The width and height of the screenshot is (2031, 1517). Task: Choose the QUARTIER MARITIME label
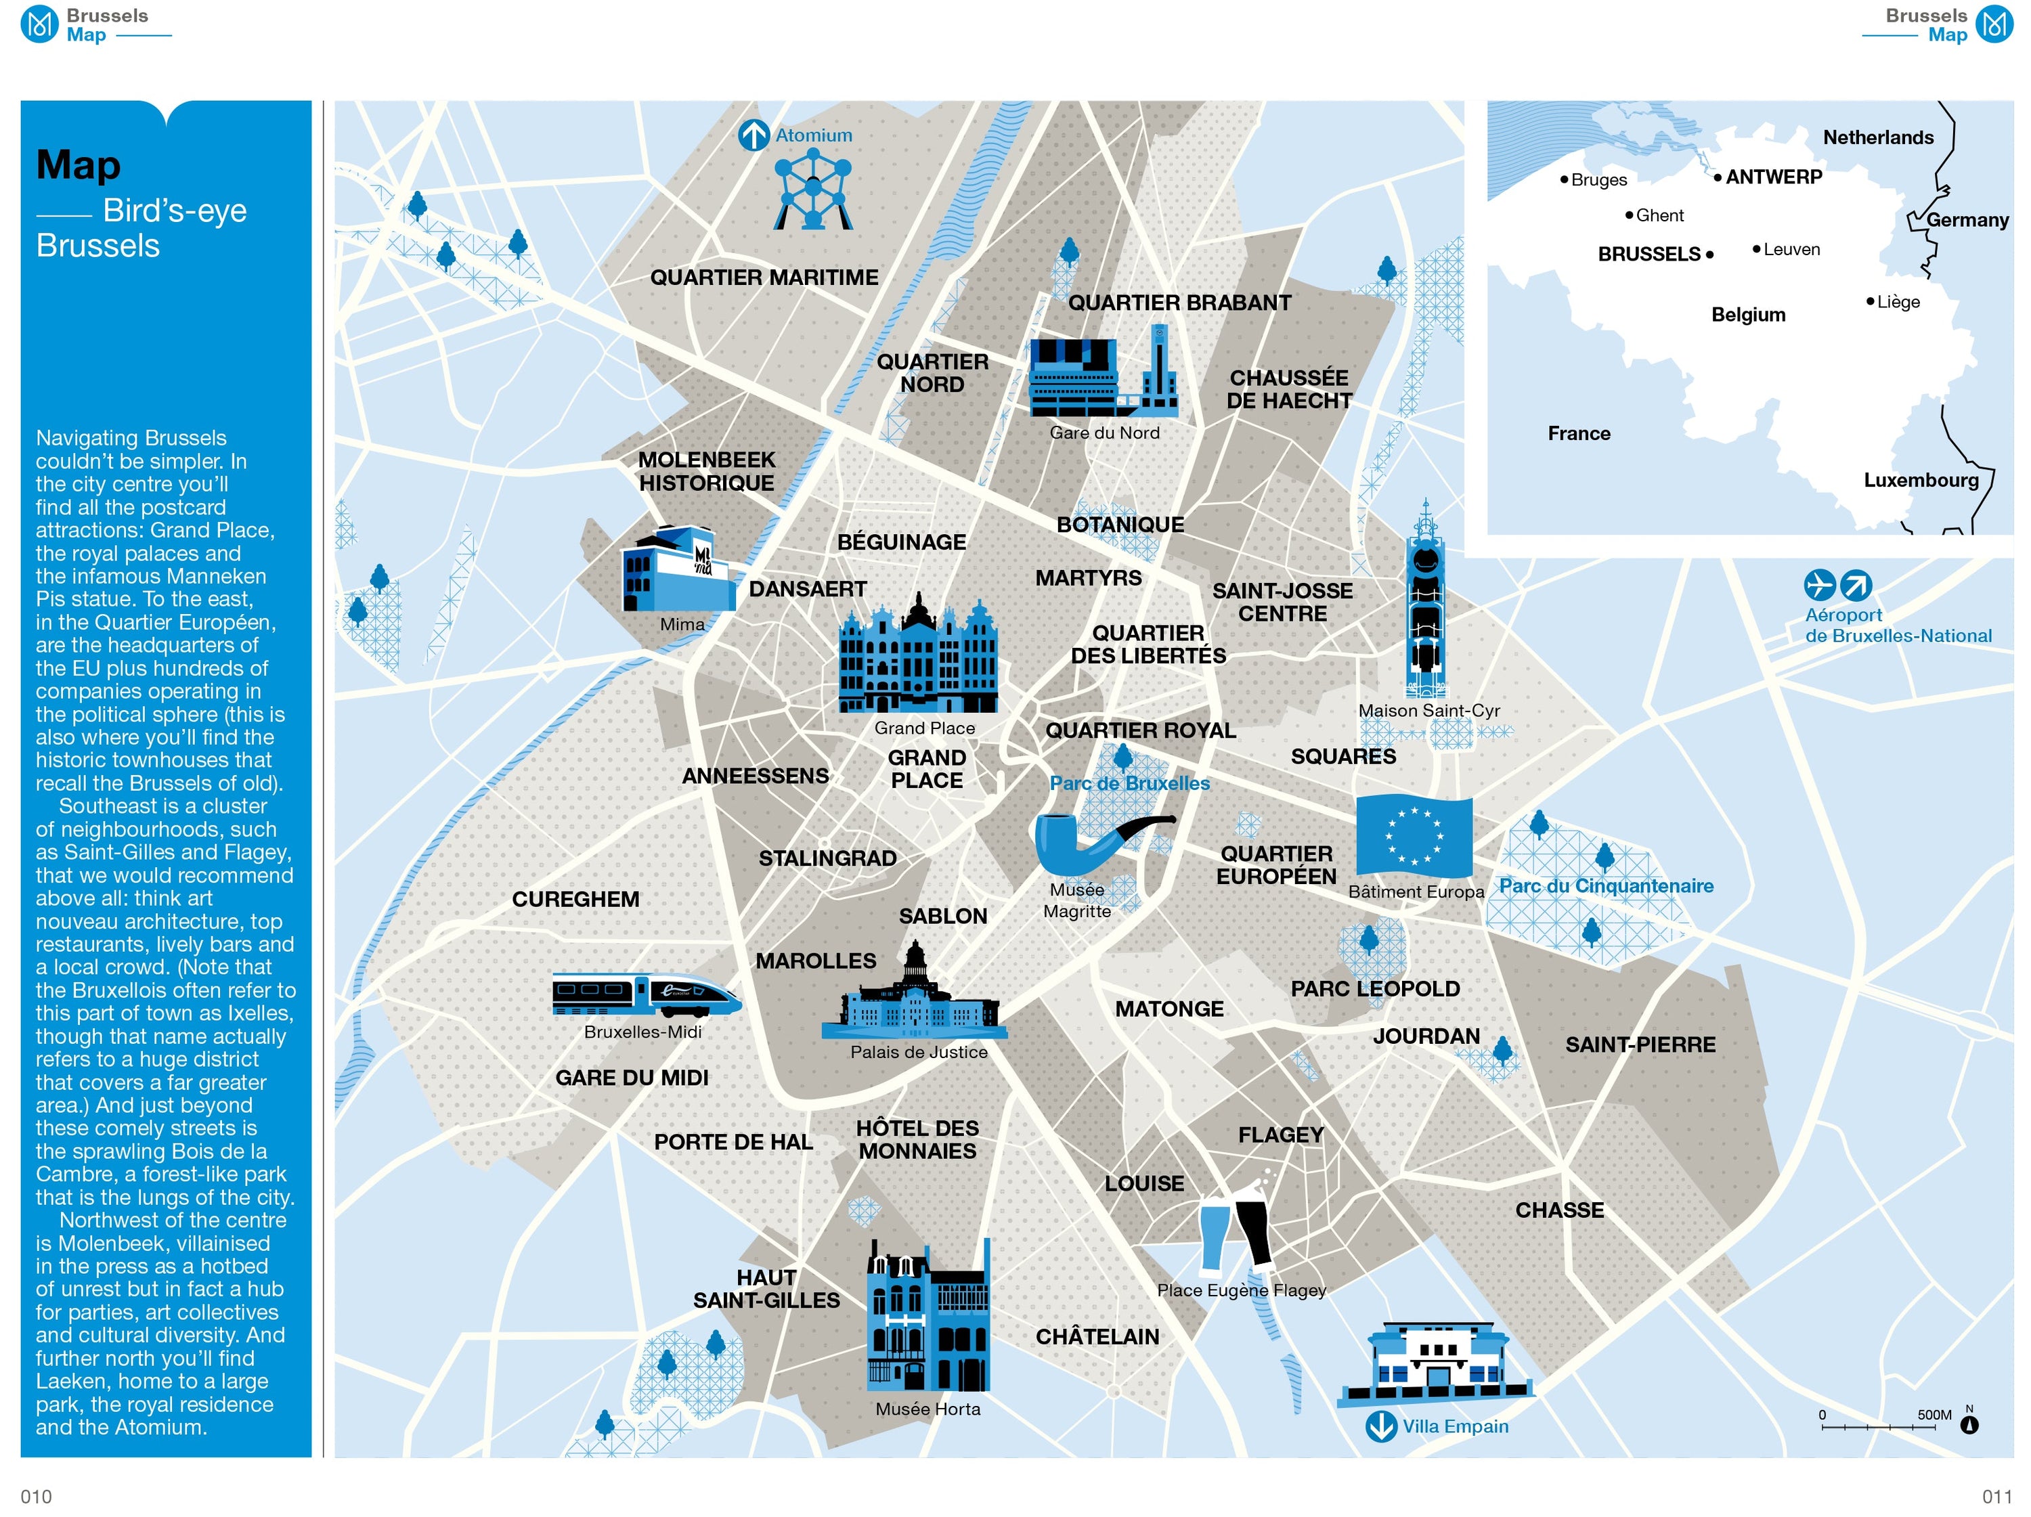[x=764, y=278]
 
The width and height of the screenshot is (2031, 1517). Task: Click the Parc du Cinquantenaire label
[x=1606, y=886]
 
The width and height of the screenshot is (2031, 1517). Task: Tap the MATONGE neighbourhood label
[x=1169, y=1009]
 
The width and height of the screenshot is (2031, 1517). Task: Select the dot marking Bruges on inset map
[x=1564, y=180]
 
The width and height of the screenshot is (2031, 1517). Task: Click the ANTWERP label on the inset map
[x=1773, y=177]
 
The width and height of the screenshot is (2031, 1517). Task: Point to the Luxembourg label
[x=1921, y=480]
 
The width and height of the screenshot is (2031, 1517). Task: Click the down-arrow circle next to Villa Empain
[x=1381, y=1426]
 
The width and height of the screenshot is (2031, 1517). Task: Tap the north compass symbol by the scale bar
[x=1969, y=1424]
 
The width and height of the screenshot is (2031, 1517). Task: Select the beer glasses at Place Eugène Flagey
[x=1236, y=1221]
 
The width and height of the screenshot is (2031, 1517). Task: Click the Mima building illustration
[x=678, y=569]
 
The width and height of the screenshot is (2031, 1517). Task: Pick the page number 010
[x=36, y=1497]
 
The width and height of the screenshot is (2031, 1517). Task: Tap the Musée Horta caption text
[x=927, y=1409]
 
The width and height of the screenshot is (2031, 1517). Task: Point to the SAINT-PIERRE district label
[x=1640, y=1045]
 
